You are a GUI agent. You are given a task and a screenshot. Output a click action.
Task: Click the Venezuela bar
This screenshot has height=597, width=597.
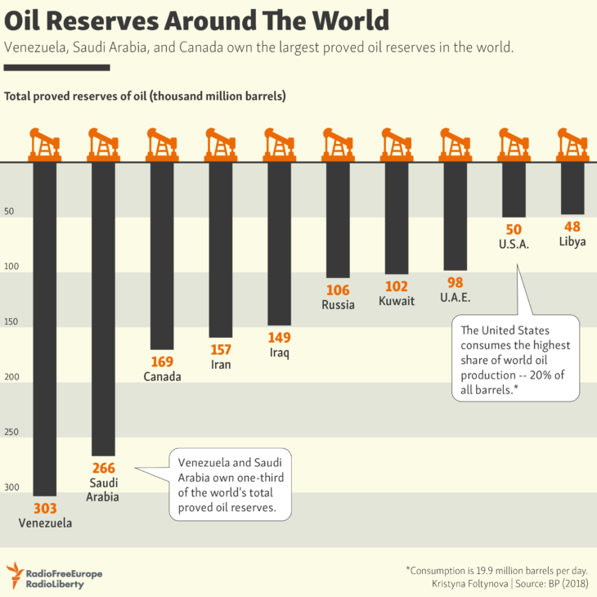pos(44,327)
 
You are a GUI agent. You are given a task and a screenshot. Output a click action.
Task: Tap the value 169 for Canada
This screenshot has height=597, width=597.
pos(162,361)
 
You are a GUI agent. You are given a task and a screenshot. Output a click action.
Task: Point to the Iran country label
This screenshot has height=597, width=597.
pos(221,365)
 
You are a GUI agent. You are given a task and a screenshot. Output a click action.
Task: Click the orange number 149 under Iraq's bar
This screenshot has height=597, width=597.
pos(280,338)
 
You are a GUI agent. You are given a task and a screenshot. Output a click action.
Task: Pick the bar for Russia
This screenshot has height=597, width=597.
pos(339,220)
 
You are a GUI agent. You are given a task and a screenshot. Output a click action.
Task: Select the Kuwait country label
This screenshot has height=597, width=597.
pos(397,301)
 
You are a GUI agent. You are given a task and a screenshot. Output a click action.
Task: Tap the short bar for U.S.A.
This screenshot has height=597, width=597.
pos(514,190)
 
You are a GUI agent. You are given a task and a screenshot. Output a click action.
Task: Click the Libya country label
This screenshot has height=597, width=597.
pos(572,242)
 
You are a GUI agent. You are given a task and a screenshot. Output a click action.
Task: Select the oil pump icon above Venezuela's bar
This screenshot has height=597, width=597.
pos(44,144)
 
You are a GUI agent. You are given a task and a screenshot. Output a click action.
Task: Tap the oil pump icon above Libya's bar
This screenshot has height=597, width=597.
pos(572,144)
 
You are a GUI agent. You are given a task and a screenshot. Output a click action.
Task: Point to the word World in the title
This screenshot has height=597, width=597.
pos(340,20)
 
